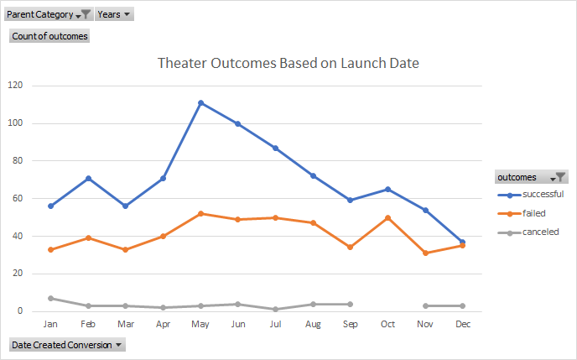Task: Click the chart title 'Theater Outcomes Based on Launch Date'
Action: click(x=288, y=63)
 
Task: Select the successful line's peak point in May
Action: click(x=201, y=103)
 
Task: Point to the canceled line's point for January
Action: click(x=51, y=298)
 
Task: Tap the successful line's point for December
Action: click(x=462, y=242)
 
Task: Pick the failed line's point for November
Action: click(x=424, y=253)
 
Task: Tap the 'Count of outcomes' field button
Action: click(x=49, y=36)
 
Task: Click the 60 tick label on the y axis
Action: click(x=18, y=199)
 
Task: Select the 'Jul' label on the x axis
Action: click(x=276, y=323)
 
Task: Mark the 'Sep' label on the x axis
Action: click(x=349, y=323)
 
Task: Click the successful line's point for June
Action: click(x=238, y=123)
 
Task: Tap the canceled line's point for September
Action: click(x=350, y=304)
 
